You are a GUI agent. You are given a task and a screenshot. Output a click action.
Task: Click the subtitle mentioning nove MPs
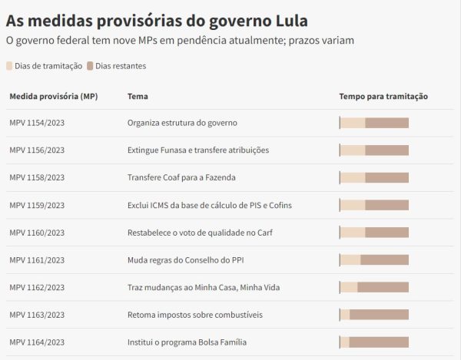180,40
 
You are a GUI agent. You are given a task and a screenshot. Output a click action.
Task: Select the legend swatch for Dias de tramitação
10,66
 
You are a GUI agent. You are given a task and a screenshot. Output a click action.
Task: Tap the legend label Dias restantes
121,66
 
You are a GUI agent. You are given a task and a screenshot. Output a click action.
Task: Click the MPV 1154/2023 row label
37,123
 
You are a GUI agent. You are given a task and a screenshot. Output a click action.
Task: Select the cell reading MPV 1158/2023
37,177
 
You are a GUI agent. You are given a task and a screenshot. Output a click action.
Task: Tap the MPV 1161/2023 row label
37,260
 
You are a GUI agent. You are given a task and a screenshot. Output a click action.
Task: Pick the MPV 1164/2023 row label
37,342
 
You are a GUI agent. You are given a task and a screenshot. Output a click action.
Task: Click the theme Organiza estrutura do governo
182,123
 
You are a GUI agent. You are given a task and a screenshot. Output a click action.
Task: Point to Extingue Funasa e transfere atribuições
198,150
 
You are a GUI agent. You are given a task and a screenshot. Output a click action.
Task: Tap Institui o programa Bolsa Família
187,342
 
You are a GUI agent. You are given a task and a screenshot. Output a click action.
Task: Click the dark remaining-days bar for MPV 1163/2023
379,315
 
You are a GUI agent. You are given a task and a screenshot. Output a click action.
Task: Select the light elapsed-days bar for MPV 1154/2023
353,123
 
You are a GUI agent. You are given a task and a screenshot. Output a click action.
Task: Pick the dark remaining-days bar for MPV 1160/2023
386,233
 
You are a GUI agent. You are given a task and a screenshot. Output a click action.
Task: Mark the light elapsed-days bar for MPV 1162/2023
349,287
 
